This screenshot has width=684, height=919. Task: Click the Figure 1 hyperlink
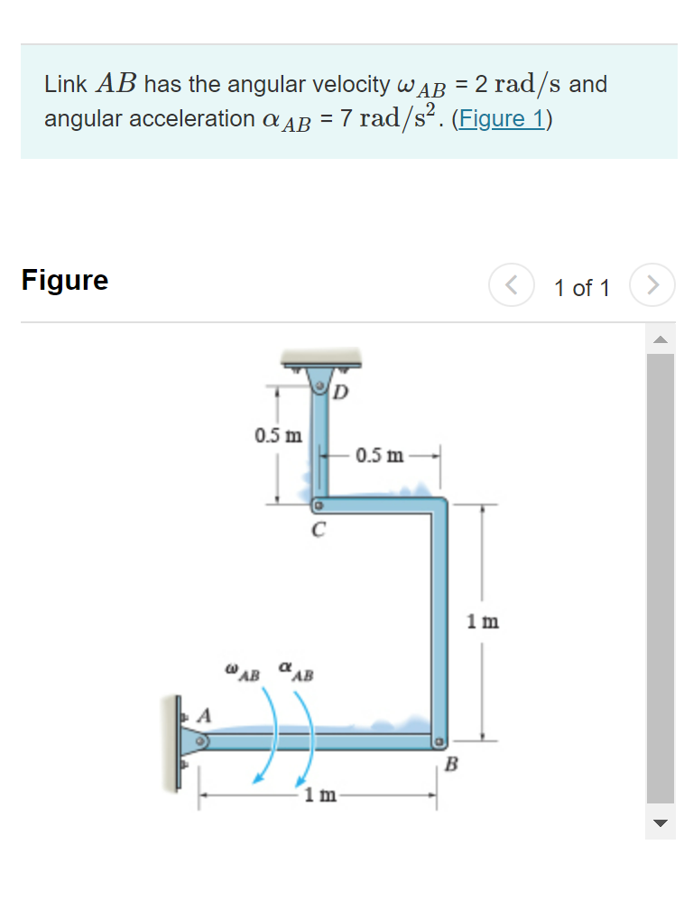501,118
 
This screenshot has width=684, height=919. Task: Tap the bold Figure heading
65,280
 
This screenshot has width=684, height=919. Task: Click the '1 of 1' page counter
582,288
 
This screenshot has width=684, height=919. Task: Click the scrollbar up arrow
661,340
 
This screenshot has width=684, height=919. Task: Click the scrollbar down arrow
661,822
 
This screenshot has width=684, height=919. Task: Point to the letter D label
341,393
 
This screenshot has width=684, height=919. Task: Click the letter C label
317,530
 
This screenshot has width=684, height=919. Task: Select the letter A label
205,716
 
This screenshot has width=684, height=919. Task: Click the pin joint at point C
318,506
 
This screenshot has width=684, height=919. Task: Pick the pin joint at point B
439,743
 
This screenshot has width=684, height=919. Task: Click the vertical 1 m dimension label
483,622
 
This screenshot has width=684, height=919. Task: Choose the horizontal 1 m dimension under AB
320,795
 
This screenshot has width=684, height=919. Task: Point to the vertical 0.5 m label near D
278,436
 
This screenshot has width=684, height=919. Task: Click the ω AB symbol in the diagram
243,673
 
